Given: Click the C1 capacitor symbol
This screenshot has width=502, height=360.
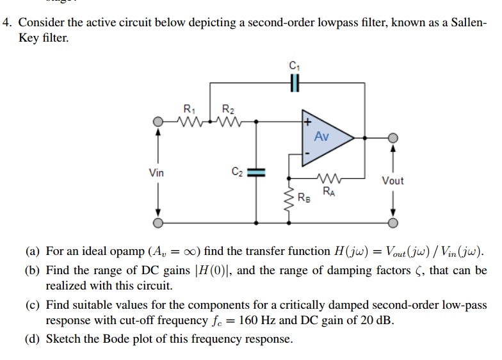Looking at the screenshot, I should click(294, 83).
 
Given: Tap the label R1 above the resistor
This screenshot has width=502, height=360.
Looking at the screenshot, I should click(189, 108).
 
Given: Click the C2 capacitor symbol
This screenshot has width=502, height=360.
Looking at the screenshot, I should click(256, 172).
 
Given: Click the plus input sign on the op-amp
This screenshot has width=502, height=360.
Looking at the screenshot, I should click(308, 120).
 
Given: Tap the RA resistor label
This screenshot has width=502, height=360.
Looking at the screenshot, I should click(328, 191).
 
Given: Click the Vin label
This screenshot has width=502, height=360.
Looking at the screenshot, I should click(156, 172).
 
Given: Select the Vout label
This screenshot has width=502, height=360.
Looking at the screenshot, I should click(393, 181).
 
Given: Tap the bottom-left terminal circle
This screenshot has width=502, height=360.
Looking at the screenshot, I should click(158, 223).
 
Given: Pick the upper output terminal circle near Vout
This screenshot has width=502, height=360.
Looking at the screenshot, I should click(393, 137).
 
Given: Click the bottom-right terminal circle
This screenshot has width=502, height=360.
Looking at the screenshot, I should click(393, 223).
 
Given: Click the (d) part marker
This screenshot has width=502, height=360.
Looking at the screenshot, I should click(33, 339).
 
